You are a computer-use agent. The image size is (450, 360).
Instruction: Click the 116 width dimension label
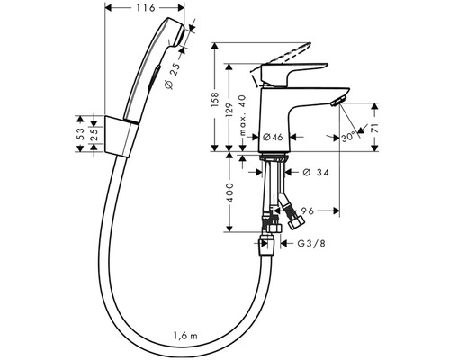click(146, 8)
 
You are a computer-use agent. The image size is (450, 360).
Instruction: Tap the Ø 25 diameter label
click(173, 76)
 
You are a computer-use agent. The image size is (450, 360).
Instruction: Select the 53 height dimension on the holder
click(80, 133)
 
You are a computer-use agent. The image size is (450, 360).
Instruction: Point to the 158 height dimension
click(215, 100)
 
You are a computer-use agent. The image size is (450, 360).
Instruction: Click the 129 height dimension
click(229, 111)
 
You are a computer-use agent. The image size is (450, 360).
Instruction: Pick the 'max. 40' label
click(242, 115)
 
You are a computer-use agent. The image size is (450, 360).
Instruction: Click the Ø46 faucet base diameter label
click(273, 137)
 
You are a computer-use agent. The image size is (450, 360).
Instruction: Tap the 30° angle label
click(348, 138)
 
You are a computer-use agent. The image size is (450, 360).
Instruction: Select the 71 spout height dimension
click(374, 128)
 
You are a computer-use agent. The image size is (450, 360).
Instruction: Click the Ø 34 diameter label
click(316, 172)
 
